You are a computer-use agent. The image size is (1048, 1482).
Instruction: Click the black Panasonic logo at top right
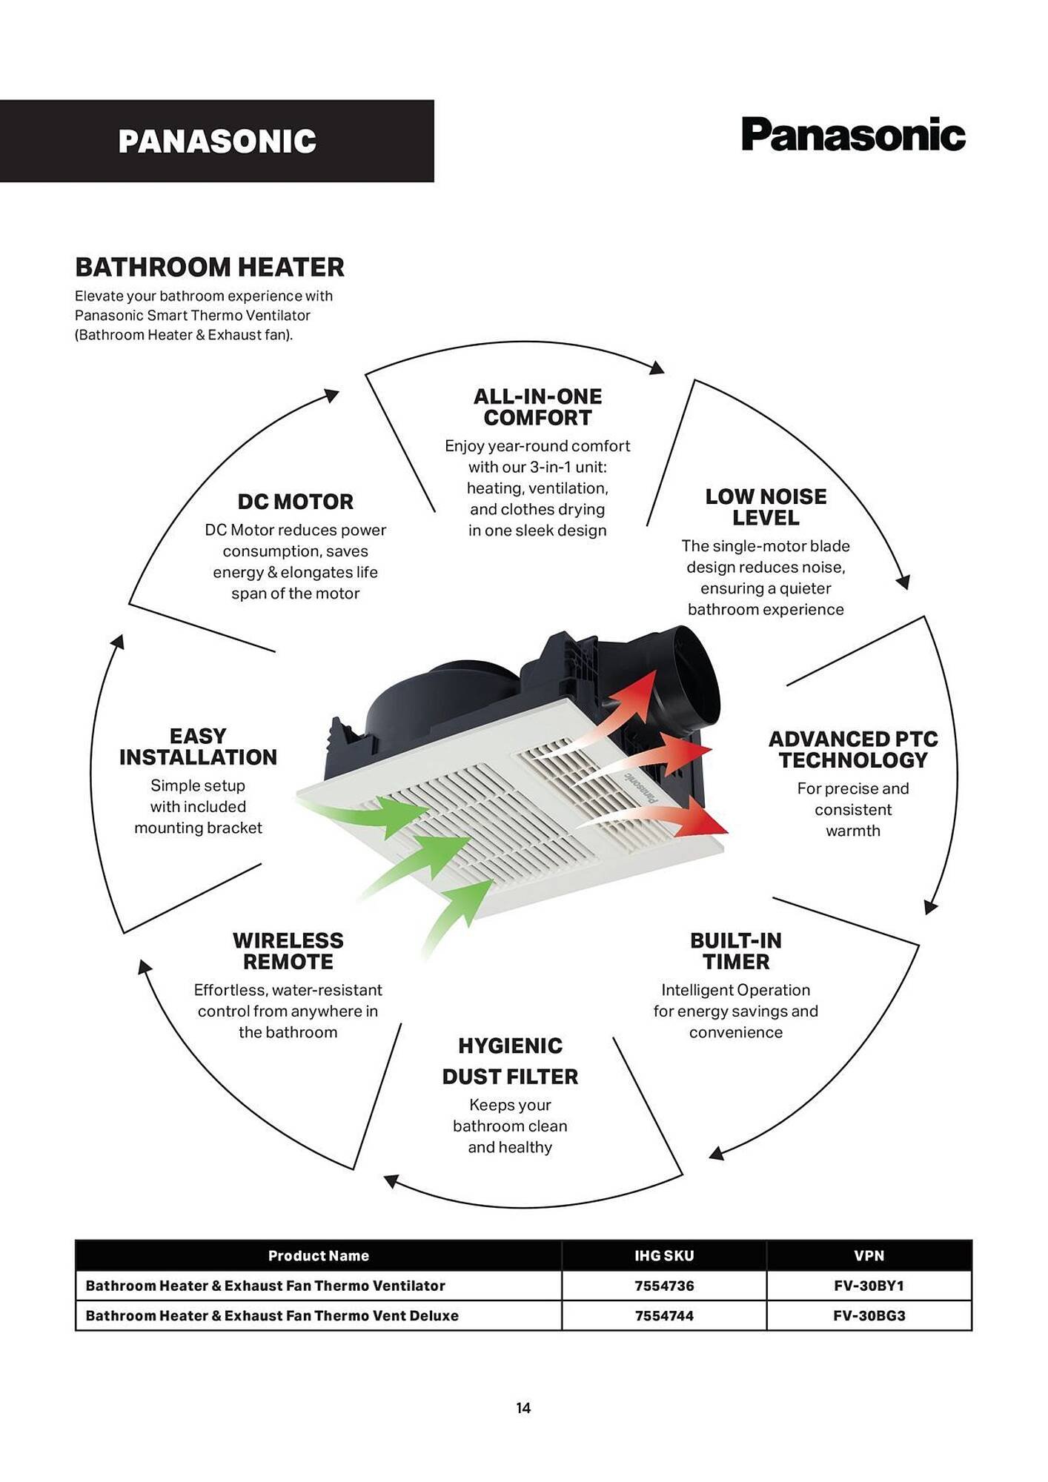point(853,134)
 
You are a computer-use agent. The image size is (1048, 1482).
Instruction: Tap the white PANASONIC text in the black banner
point(217,142)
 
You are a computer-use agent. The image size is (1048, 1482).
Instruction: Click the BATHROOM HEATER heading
point(210,267)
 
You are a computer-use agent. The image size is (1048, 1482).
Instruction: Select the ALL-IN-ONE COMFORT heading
point(537,407)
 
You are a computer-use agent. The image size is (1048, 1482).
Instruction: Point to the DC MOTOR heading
point(295,502)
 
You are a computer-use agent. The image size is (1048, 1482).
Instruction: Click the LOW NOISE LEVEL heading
point(766,507)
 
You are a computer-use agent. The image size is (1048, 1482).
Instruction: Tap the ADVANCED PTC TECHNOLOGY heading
point(853,749)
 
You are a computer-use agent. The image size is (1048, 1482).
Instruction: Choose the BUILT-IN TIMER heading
point(736,951)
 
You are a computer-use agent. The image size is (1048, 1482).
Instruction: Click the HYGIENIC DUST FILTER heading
point(510,1061)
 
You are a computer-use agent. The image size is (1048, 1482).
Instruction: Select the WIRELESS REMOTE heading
point(288,951)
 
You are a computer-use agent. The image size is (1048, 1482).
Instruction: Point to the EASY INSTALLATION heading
point(198,746)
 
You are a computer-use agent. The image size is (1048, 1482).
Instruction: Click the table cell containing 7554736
point(664,1286)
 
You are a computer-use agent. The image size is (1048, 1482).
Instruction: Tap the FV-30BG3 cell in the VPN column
point(869,1315)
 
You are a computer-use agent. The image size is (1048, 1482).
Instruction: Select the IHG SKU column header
point(664,1255)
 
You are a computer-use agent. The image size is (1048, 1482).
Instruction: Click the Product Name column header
point(319,1255)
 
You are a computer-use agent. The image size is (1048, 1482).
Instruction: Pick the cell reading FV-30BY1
point(869,1286)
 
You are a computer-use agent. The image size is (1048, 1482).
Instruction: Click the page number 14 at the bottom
point(523,1408)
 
